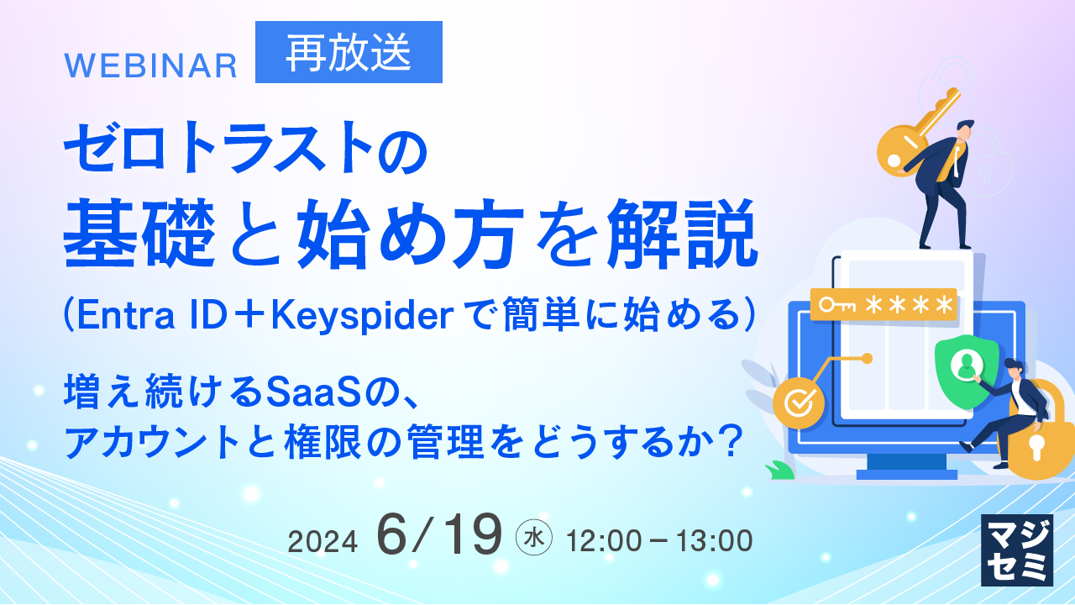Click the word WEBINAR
coord(150,66)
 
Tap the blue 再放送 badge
coord(349,52)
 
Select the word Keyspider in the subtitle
coord(362,316)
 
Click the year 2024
coord(322,542)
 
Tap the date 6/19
coord(439,534)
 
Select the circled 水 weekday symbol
coord(533,537)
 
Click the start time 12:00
coord(604,540)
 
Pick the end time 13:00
coord(714,540)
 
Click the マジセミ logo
coord(1017,550)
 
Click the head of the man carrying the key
coord(963,132)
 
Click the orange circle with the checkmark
coord(799,402)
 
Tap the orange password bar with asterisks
coord(884,305)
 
